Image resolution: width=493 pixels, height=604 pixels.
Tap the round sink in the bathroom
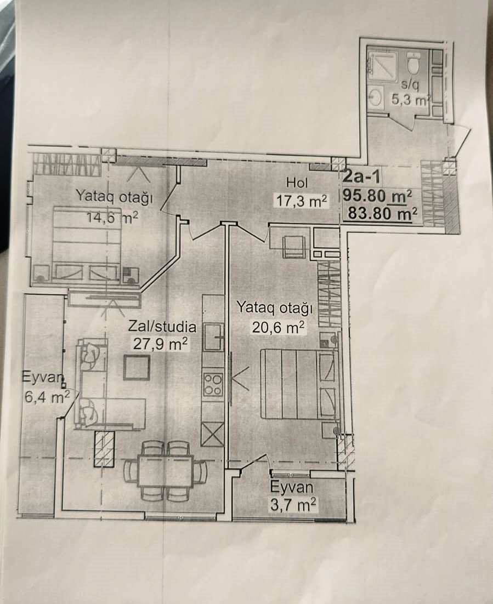pos(376,96)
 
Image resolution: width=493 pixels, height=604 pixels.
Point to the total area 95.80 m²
pos(377,196)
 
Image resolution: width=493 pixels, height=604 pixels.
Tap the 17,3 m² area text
pos(302,200)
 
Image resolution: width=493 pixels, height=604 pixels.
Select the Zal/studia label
pos(162,327)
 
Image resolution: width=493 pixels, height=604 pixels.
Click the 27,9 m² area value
pos(161,344)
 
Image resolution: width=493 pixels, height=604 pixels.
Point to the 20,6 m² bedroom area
pos(278,327)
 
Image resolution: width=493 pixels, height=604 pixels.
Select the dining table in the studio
pos(166,472)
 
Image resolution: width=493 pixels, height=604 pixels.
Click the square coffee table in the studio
pos(137,367)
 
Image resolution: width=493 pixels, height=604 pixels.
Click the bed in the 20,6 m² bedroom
pos(298,384)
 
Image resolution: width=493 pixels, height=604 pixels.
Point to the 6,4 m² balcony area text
pos(47,397)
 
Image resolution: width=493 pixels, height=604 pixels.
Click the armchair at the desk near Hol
pos(294,246)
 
